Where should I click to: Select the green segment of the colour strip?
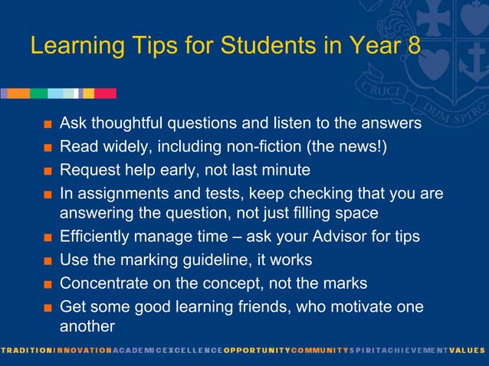tap(38, 93)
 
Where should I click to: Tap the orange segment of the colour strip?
tap(18, 93)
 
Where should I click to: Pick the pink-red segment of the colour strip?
tap(105, 93)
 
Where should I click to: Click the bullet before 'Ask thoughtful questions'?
tap(48, 124)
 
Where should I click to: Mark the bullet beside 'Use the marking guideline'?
tap(48, 260)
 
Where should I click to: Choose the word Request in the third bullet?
tap(88, 169)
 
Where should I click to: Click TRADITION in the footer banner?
tap(25, 350)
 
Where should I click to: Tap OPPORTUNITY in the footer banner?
tap(256, 350)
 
